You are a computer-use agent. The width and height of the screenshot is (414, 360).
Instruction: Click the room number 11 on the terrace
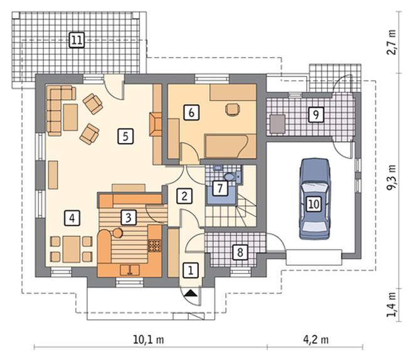[x=77, y=40]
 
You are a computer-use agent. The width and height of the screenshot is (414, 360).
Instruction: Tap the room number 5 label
[x=125, y=136]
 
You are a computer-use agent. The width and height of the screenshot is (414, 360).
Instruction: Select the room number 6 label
[x=191, y=112]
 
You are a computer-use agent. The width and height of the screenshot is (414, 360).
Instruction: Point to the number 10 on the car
[x=314, y=204]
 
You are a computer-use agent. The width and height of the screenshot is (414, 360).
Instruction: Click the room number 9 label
[x=316, y=115]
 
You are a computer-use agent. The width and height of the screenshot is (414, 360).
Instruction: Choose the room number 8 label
[x=240, y=252]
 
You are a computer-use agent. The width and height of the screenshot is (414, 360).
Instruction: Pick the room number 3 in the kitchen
[x=129, y=218]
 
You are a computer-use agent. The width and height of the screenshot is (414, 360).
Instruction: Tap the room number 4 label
[x=72, y=218]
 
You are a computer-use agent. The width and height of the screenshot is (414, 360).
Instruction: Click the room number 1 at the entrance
[x=190, y=270]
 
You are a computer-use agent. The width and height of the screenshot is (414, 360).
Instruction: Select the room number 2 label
[x=184, y=196]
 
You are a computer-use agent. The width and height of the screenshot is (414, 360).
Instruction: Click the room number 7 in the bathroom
[x=220, y=188]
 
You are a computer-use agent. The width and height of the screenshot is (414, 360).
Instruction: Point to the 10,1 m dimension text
[x=149, y=340]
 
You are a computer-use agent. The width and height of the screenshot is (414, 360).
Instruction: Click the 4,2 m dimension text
[x=316, y=340]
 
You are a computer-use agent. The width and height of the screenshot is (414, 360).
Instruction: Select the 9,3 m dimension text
[x=391, y=177]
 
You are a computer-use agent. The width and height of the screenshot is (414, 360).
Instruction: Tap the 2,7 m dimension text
[x=391, y=42]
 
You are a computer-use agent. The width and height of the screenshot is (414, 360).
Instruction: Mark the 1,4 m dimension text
[x=391, y=304]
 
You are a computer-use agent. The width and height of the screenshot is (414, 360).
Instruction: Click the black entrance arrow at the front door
[x=191, y=294]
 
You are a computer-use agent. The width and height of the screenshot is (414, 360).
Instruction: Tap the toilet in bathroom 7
[x=229, y=177]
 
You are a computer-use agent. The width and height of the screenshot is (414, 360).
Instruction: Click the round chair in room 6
[x=233, y=109]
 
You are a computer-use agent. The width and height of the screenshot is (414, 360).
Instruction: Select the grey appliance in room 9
[x=277, y=124]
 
